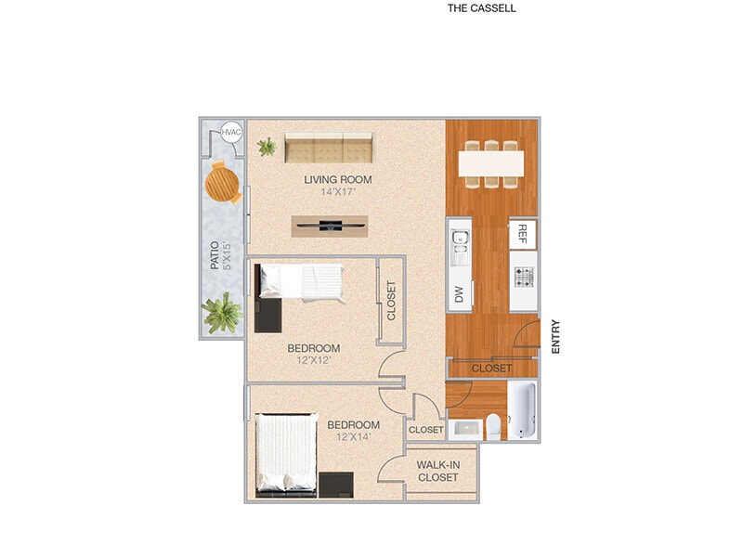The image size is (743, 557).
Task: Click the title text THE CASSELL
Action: click(481, 8)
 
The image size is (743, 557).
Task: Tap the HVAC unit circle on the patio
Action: click(231, 133)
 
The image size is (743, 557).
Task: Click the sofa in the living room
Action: click(328, 148)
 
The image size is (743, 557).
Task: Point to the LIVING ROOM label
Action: click(338, 179)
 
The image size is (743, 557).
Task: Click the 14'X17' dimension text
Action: click(338, 192)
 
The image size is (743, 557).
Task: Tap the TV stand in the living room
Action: click(330, 225)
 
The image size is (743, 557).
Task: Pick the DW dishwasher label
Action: click(459, 294)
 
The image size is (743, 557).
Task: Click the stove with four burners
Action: click(523, 275)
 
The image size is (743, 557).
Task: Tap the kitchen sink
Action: click(459, 242)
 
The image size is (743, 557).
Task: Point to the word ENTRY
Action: click(556, 336)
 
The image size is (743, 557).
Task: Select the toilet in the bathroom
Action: click(493, 426)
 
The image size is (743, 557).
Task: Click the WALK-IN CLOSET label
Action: click(437, 471)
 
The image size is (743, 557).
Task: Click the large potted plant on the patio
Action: click(223, 312)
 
